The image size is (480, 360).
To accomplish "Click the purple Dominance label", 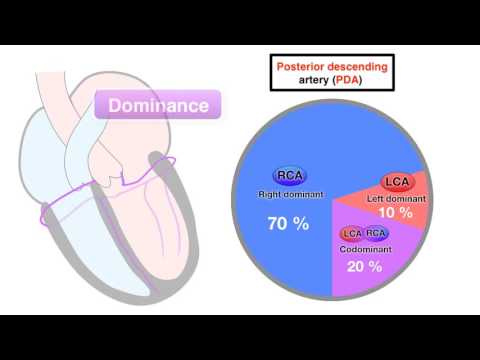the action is coord(157,105).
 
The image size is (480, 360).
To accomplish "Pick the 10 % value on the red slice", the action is coord(396,213).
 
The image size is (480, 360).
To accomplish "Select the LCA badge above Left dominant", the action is coord(397,181).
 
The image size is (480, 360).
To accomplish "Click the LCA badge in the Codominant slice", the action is coord(352,234).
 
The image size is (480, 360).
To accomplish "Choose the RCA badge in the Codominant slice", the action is coord(377,234).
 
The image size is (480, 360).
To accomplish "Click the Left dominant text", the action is coord(396,198).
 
